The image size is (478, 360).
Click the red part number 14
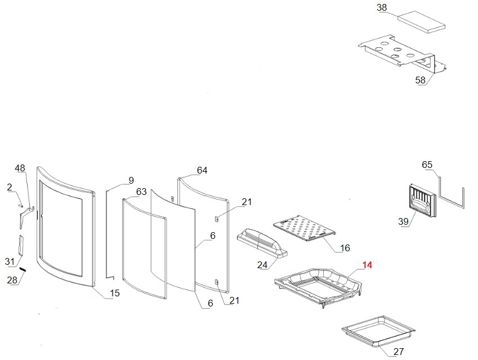(x=367, y=264)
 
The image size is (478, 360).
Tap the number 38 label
(x=382, y=8)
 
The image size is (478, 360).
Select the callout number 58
(x=421, y=81)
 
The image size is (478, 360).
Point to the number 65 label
(x=427, y=165)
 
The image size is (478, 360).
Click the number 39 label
(x=403, y=222)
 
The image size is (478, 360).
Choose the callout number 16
(x=345, y=248)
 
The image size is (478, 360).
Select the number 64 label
(x=202, y=171)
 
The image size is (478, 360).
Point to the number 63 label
(x=141, y=192)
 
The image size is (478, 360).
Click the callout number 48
(x=20, y=168)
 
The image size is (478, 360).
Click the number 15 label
(x=114, y=293)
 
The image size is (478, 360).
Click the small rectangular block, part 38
(x=422, y=21)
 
